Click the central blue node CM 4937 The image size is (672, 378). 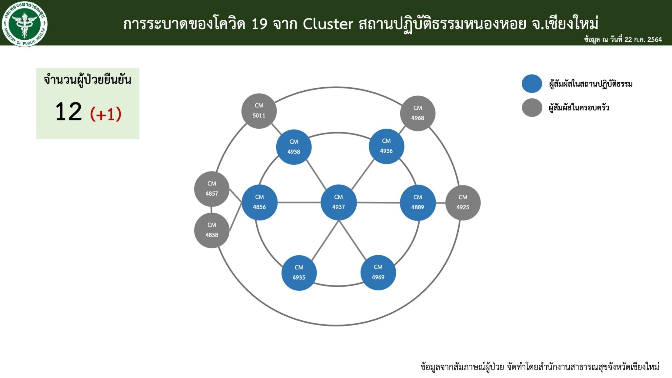coord(338,202)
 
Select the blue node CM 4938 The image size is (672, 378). coord(294,147)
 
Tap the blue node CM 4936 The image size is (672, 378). coord(386,146)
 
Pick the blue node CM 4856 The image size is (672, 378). coord(259,202)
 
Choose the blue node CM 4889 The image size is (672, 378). coord(418,202)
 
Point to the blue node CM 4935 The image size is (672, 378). coord(299,273)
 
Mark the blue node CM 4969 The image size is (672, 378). coord(378,272)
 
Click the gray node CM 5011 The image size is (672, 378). coord(259,111)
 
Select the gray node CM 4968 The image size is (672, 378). coord(418,113)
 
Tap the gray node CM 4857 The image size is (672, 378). coord(212,189)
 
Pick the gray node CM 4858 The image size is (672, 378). coord(212,230)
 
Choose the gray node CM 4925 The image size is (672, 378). coord(463,202)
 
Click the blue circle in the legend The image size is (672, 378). coord(532,84)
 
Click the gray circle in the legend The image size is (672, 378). coord(532,108)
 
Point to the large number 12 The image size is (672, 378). coord(69,112)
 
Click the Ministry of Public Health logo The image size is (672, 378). coord(25,24)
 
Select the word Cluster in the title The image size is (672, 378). coord(328,24)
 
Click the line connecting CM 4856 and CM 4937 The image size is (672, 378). coord(299,202)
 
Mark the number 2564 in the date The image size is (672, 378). coord(654,40)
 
